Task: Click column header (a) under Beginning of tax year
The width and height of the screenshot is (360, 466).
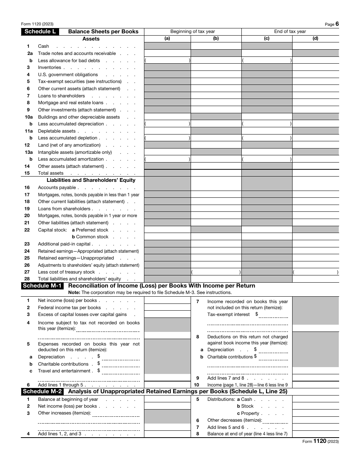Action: coord(167,39)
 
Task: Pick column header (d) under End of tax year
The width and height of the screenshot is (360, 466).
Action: coord(315,39)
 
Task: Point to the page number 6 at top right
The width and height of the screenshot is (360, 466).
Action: coord(337,24)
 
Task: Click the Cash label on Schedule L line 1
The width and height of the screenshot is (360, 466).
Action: coord(44,46)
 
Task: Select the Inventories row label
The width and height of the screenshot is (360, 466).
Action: coord(49,67)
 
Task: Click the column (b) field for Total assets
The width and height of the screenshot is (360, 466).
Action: coord(216,173)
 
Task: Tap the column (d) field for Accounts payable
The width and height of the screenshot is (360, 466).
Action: coord(315,188)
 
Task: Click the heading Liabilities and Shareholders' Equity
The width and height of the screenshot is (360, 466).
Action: coord(91,180)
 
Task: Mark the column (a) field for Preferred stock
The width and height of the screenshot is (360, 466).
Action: coord(167,230)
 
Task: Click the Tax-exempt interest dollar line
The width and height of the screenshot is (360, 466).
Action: coord(273,315)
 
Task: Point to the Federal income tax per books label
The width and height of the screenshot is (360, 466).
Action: coord(69,308)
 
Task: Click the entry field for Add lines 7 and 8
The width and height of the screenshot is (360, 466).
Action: coord(315,378)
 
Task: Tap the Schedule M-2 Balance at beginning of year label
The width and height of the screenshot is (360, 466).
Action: coord(68,399)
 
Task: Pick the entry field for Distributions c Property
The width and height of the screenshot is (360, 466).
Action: coord(315,413)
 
